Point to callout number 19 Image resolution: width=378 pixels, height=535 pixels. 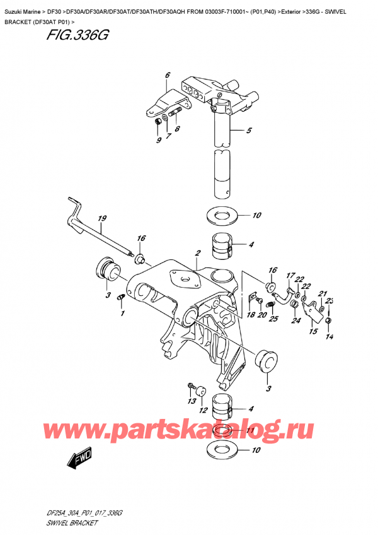coord(101,219)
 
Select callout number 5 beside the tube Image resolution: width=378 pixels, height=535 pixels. coord(249,131)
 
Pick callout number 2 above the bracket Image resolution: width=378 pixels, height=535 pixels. coord(197,253)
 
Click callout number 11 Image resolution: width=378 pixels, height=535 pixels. coord(250,431)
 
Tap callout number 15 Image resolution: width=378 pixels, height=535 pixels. coord(313,330)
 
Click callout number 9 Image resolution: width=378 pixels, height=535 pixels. coord(158,140)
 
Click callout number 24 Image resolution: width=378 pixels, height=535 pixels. coord(295,320)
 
